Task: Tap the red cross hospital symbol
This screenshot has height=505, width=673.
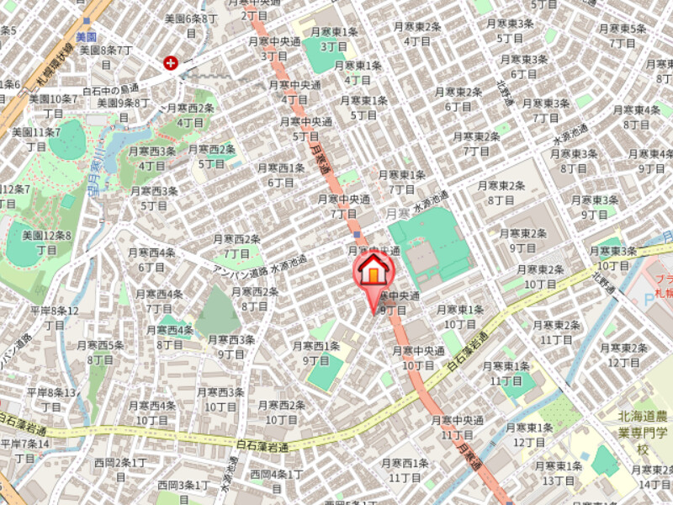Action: [x=172, y=62]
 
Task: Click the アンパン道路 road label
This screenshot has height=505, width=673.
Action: [x=243, y=268]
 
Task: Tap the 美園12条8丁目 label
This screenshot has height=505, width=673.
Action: [x=46, y=242]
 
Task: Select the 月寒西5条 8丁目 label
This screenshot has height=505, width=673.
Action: [x=100, y=352]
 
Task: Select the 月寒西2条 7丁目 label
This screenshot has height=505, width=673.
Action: [x=236, y=246]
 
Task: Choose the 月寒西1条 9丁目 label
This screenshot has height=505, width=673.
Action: [x=315, y=353]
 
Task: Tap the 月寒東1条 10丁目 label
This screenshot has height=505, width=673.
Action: [x=460, y=317]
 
